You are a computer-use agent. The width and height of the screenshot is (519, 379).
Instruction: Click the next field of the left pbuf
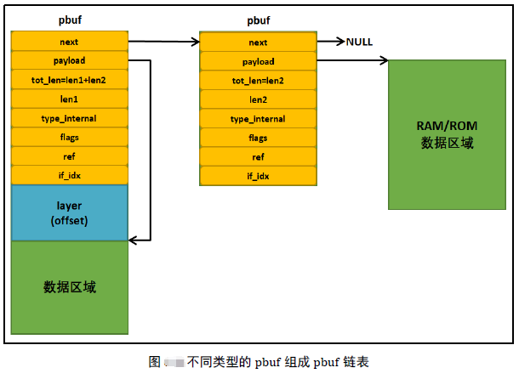(69, 42)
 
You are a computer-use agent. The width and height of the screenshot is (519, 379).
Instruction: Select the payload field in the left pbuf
(69, 60)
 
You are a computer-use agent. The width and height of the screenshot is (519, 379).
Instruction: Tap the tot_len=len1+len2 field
(69, 79)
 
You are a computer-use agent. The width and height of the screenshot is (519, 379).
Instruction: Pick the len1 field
(69, 99)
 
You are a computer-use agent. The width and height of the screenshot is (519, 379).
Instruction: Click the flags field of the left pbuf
(69, 137)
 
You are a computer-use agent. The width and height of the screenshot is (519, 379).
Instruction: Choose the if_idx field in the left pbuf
(69, 175)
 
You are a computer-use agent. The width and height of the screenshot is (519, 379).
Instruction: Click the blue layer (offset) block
(69, 212)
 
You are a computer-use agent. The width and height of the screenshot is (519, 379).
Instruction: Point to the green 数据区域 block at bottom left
(69, 287)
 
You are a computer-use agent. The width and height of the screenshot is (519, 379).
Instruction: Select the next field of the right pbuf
(258, 42)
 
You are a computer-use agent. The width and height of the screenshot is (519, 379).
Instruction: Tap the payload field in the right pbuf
(258, 61)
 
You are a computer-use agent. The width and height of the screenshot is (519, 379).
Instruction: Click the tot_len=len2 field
(258, 81)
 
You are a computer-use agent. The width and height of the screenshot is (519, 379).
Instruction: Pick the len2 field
(258, 99)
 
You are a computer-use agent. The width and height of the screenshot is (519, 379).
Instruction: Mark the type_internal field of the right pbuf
(258, 119)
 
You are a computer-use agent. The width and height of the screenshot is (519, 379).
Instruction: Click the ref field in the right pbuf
(258, 157)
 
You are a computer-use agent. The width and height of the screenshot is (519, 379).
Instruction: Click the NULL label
(359, 42)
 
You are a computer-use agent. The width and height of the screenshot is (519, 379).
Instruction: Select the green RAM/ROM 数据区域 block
(447, 134)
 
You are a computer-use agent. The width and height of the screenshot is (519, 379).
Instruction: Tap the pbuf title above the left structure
(69, 18)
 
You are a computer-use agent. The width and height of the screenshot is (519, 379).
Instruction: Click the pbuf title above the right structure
(258, 19)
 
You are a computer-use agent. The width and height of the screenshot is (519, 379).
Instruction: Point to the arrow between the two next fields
(163, 40)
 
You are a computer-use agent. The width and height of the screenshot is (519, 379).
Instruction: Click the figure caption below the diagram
(259, 361)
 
